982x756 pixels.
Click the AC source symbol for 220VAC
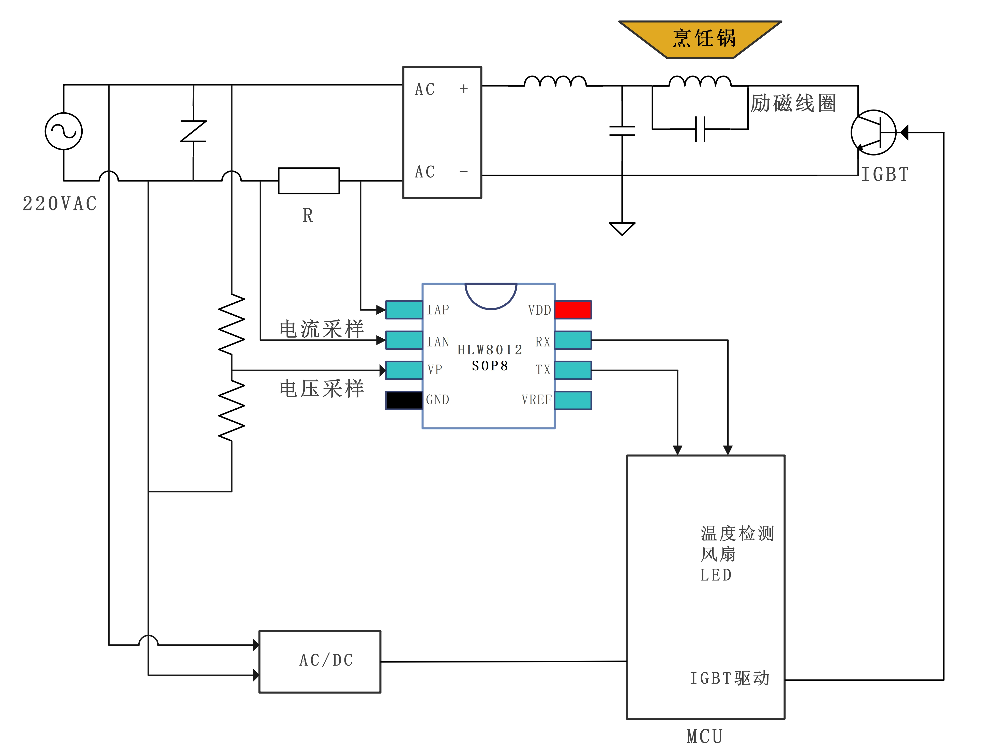[x=63, y=131]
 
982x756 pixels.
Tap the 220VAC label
[x=60, y=204]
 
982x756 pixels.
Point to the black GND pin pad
[x=404, y=400]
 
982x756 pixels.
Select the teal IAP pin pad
[x=404, y=310]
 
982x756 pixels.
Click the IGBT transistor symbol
[x=873, y=133]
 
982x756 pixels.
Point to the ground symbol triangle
[x=622, y=228]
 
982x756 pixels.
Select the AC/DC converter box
[x=320, y=661]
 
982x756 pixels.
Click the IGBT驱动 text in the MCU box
[x=729, y=678]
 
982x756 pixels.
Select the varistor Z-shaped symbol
[x=193, y=131]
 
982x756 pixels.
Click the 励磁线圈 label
[x=793, y=103]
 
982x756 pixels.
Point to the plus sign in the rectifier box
[x=464, y=89]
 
